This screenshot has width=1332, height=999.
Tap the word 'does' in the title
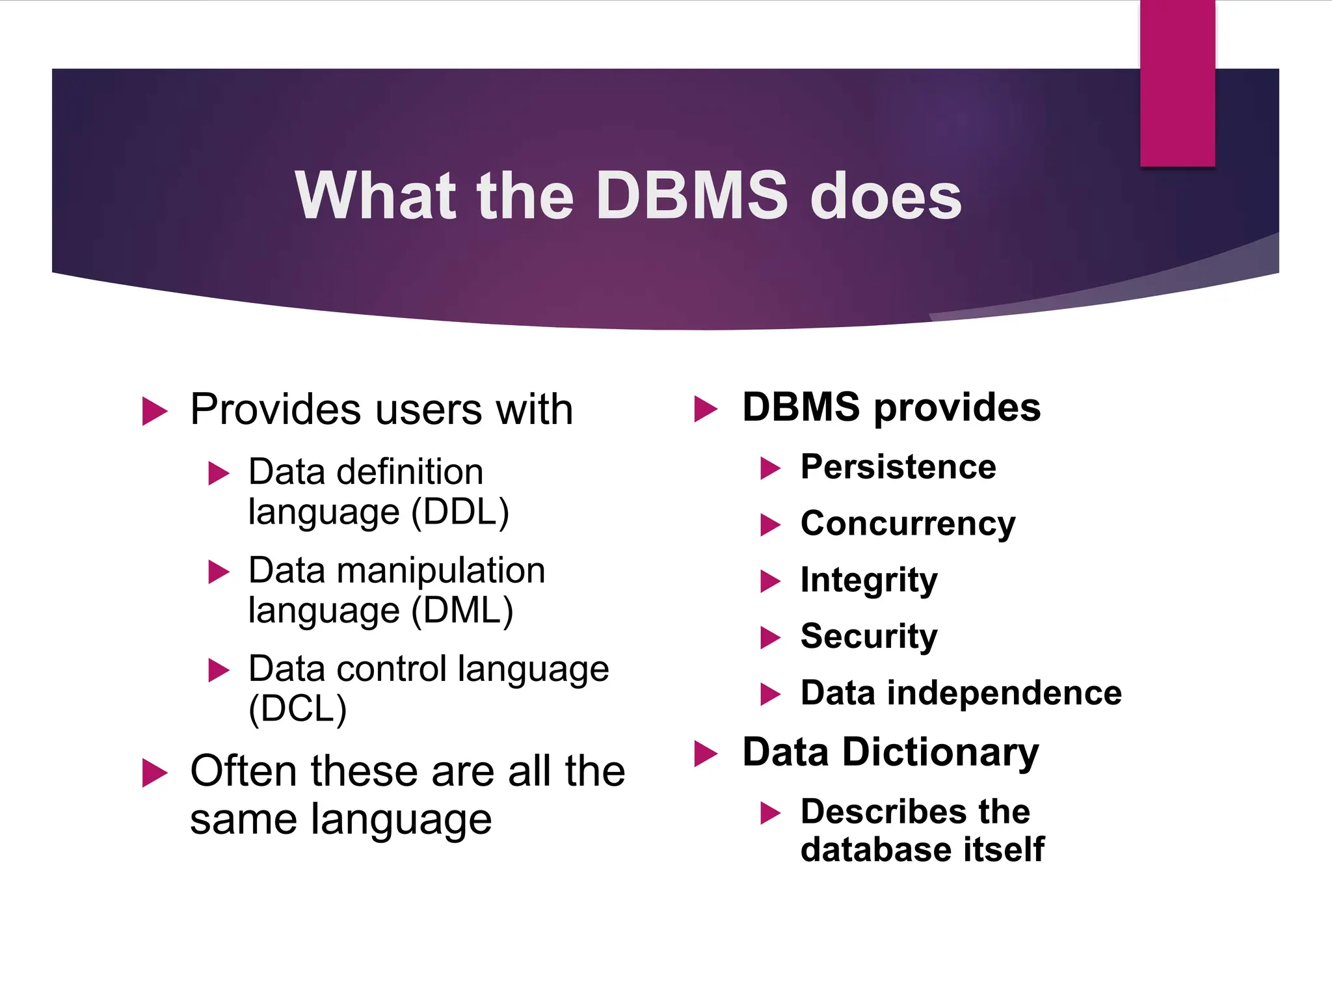point(886,196)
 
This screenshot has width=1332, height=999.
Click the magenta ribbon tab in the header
point(1177,83)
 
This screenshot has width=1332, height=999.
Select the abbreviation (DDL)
point(460,512)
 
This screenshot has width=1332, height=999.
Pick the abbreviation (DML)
point(462,611)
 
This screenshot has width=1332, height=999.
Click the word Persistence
point(898,467)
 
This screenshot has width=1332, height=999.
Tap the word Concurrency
point(908,524)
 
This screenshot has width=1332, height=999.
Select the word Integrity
point(869,580)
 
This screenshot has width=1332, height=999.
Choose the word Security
point(869,636)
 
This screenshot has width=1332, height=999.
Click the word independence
point(1004,693)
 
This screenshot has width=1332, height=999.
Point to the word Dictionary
point(940,753)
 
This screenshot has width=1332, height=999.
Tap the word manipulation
point(440,571)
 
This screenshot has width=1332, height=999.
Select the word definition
point(410,472)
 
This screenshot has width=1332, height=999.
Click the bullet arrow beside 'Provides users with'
point(155,411)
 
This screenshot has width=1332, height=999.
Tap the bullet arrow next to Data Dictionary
point(706,754)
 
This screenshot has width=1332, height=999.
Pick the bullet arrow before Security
point(770,637)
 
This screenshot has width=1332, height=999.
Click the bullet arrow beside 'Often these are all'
point(155,773)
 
